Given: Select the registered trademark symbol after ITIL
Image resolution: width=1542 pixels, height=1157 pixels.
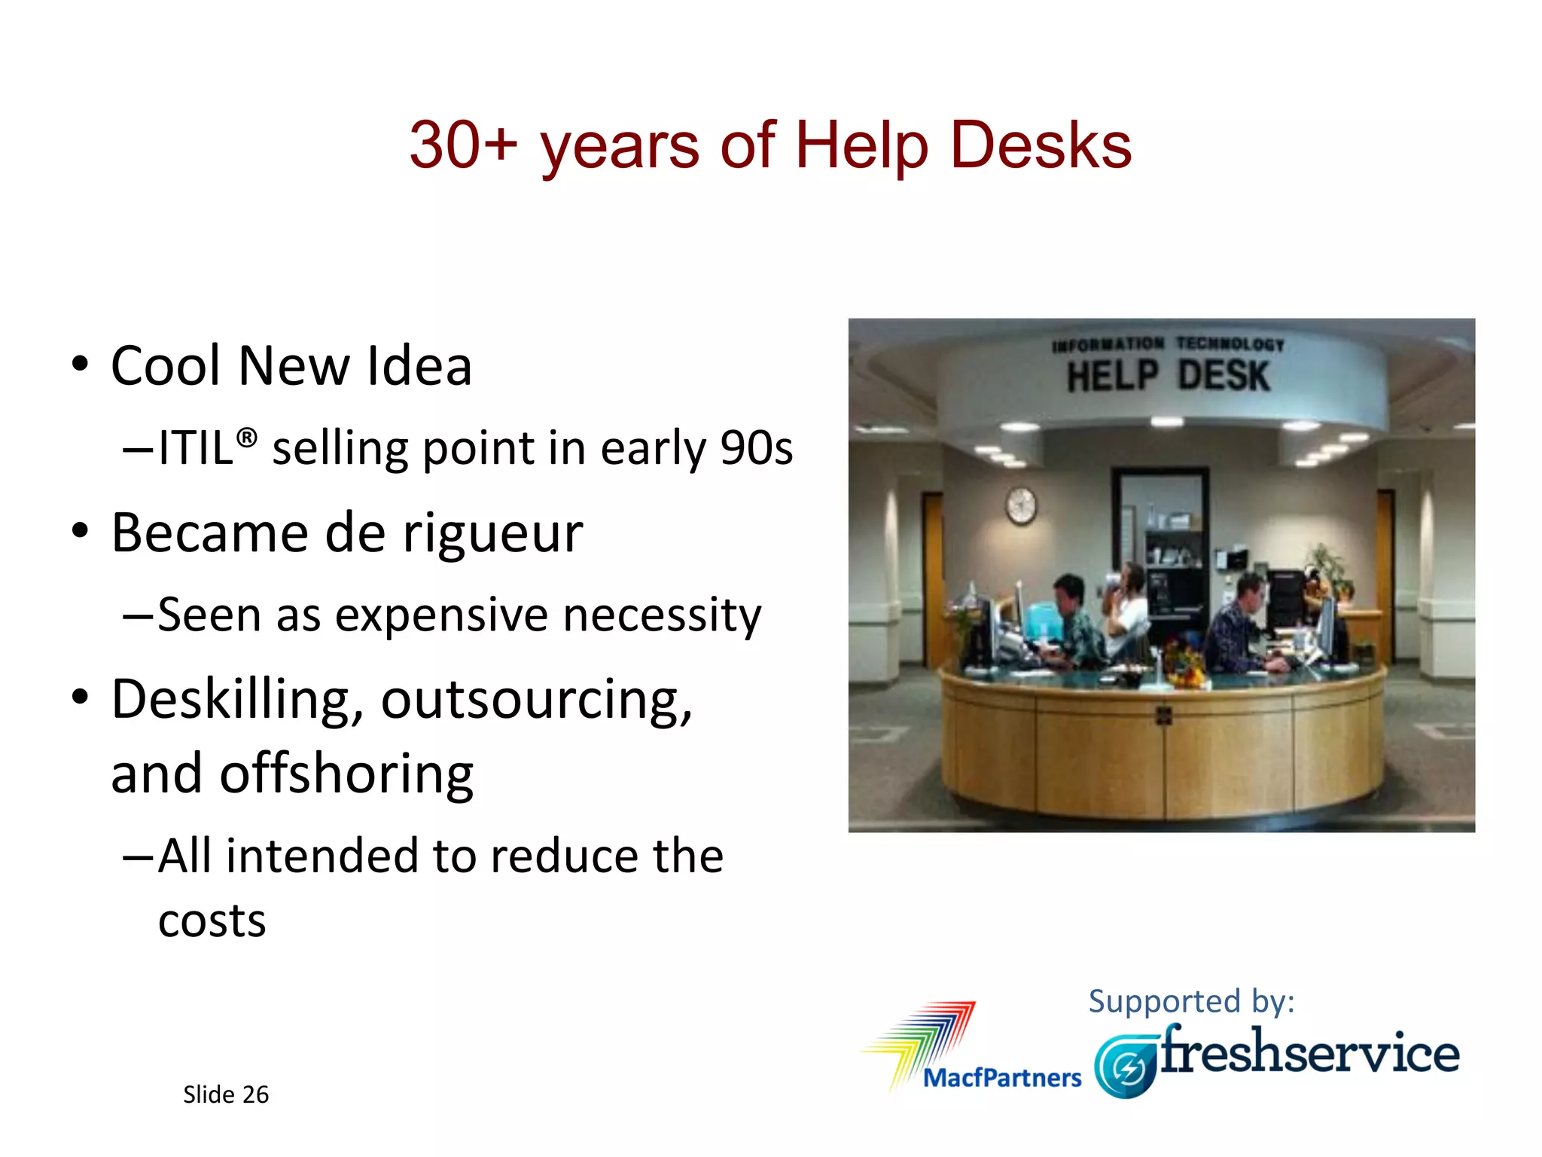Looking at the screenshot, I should click(247, 438).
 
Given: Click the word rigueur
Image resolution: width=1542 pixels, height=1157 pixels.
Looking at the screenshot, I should click(492, 533).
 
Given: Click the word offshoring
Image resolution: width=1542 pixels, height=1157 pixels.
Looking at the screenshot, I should click(346, 774).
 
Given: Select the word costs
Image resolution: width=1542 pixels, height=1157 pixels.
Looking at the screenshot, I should click(212, 920).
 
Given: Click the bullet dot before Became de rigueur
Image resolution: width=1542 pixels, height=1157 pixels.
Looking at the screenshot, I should click(80, 531).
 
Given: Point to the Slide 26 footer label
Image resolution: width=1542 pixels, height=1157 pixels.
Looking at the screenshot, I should click(225, 1094).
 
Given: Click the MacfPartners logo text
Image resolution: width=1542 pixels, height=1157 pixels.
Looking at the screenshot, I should click(1001, 1078).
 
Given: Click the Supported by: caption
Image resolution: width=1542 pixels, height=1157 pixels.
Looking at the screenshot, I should click(1191, 1001).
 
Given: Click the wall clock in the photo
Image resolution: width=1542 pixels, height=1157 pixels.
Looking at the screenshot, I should click(1021, 505).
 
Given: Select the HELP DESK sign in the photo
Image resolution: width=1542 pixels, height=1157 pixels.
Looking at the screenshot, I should click(1168, 375).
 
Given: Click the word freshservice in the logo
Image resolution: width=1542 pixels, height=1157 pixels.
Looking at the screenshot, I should click(1309, 1052).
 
